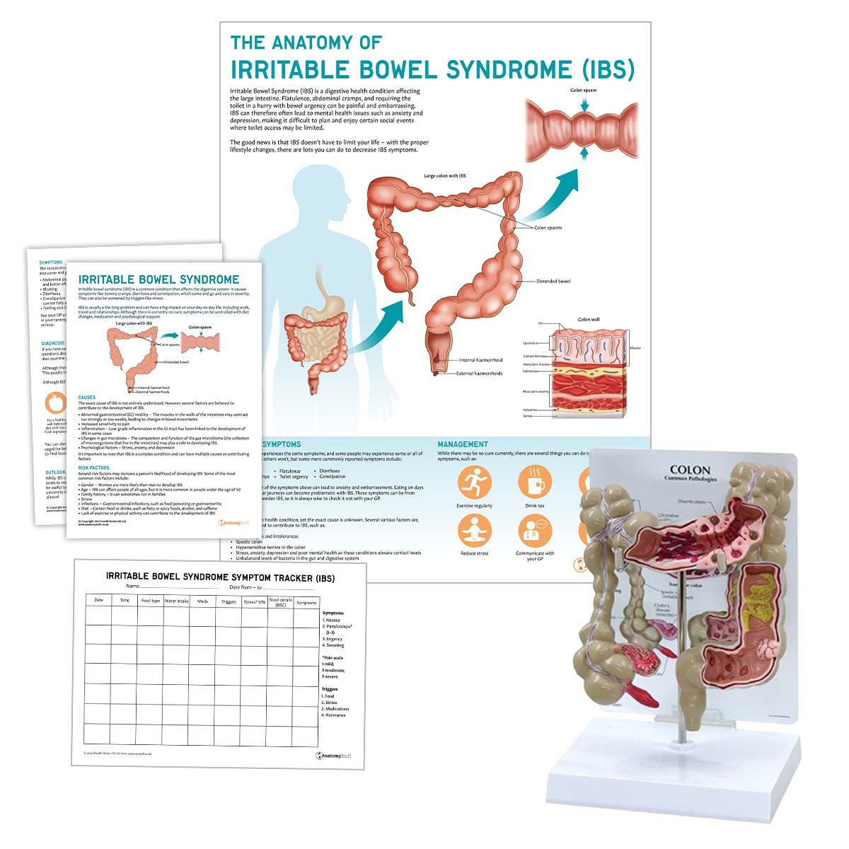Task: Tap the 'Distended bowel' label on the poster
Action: pos(553,281)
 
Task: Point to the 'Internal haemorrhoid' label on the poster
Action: pos(481,360)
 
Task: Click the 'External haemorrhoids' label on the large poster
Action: pos(479,373)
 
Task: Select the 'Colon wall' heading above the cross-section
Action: pos(589,320)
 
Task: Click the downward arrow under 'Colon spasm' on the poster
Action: pos(584,105)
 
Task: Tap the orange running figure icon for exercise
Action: pos(474,483)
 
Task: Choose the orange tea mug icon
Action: pos(535,483)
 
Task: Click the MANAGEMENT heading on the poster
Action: pos(463,444)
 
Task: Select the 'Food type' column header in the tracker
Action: pos(150,601)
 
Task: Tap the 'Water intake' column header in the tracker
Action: pos(176,601)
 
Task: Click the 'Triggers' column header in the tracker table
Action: pos(229,602)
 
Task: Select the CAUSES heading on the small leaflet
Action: pos(87,398)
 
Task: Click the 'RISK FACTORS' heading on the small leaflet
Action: pos(93,468)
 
